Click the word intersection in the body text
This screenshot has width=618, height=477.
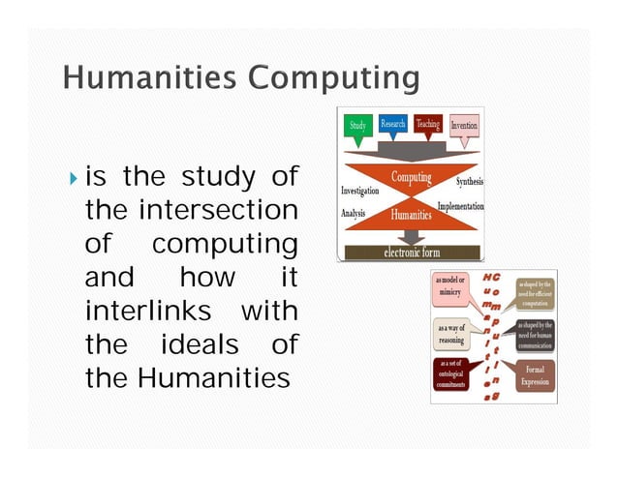coord(219,210)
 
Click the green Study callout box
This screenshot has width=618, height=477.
coord(358,126)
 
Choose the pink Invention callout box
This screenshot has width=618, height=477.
coord(463,126)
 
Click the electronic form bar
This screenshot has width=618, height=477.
coord(413,253)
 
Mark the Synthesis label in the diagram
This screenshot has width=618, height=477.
coord(468,182)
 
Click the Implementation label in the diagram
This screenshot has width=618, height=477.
coord(460,207)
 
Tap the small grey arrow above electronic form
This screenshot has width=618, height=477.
coord(412,236)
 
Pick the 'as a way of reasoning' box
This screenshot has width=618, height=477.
coord(450,334)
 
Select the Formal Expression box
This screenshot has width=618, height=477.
coord(535,375)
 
